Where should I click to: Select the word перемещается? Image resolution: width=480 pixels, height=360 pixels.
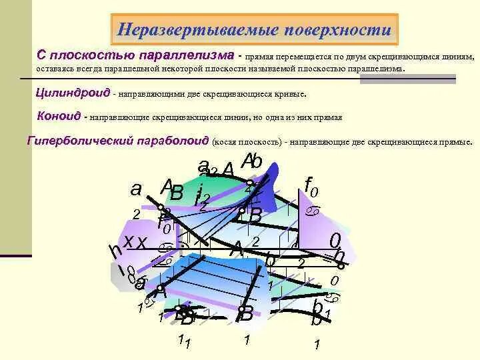pyautogui.click(x=297, y=57)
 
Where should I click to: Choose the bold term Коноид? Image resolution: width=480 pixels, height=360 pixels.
pyautogui.click(x=59, y=117)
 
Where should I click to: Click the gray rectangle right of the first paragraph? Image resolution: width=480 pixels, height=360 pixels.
pyautogui.click(x=407, y=79)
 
